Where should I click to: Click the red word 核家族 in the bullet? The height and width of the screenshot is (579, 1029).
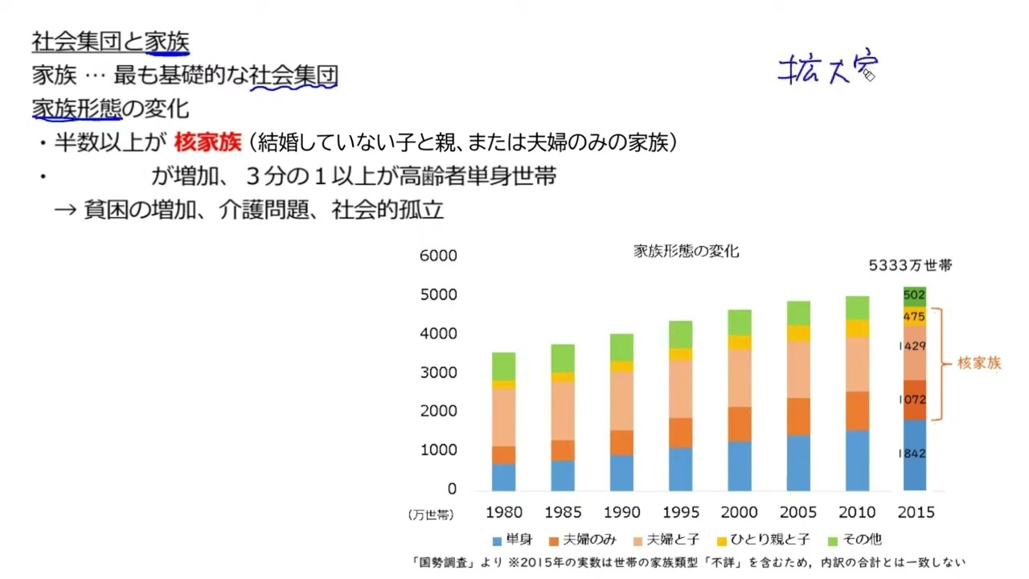tap(207, 143)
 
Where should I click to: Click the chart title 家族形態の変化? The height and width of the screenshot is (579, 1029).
tap(686, 251)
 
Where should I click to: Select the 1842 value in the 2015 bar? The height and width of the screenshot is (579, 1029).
tap(912, 454)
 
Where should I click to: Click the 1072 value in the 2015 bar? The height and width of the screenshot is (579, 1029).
tap(912, 400)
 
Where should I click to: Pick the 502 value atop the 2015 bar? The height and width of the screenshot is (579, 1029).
tap(912, 296)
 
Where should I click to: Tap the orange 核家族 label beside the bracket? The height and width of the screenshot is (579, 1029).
tap(979, 363)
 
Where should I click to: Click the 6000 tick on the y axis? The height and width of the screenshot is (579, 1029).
tap(439, 256)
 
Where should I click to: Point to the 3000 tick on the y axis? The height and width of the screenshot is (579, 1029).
tap(439, 373)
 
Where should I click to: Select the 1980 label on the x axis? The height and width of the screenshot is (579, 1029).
tap(504, 512)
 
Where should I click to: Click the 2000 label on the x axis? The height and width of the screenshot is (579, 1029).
tap(739, 512)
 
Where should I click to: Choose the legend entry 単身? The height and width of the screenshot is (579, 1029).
tap(510, 540)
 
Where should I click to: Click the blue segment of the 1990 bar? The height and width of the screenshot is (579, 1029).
tap(621, 473)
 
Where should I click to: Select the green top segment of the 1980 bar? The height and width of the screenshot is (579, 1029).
tap(504, 366)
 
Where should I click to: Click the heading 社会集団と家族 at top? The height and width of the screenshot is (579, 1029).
tap(111, 41)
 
